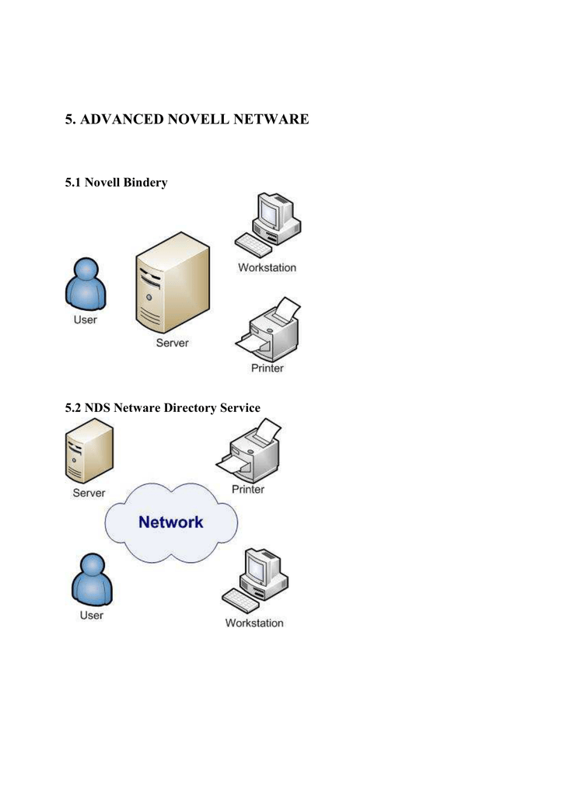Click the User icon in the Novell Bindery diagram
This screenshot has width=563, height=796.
pyautogui.click(x=85, y=284)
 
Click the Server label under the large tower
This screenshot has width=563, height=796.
pyautogui.click(x=172, y=343)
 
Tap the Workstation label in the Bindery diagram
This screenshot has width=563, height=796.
pyautogui.click(x=267, y=267)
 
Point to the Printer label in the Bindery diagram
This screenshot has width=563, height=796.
pyautogui.click(x=267, y=368)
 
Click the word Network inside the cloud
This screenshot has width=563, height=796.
pyautogui.click(x=171, y=522)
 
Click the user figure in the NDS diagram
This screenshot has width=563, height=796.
pyautogui.click(x=91, y=579)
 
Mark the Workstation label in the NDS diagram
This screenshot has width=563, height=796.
pyautogui.click(x=254, y=623)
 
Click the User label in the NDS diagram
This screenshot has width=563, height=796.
pyautogui.click(x=91, y=615)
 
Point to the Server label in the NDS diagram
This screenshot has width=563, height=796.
pyautogui.click(x=89, y=493)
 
